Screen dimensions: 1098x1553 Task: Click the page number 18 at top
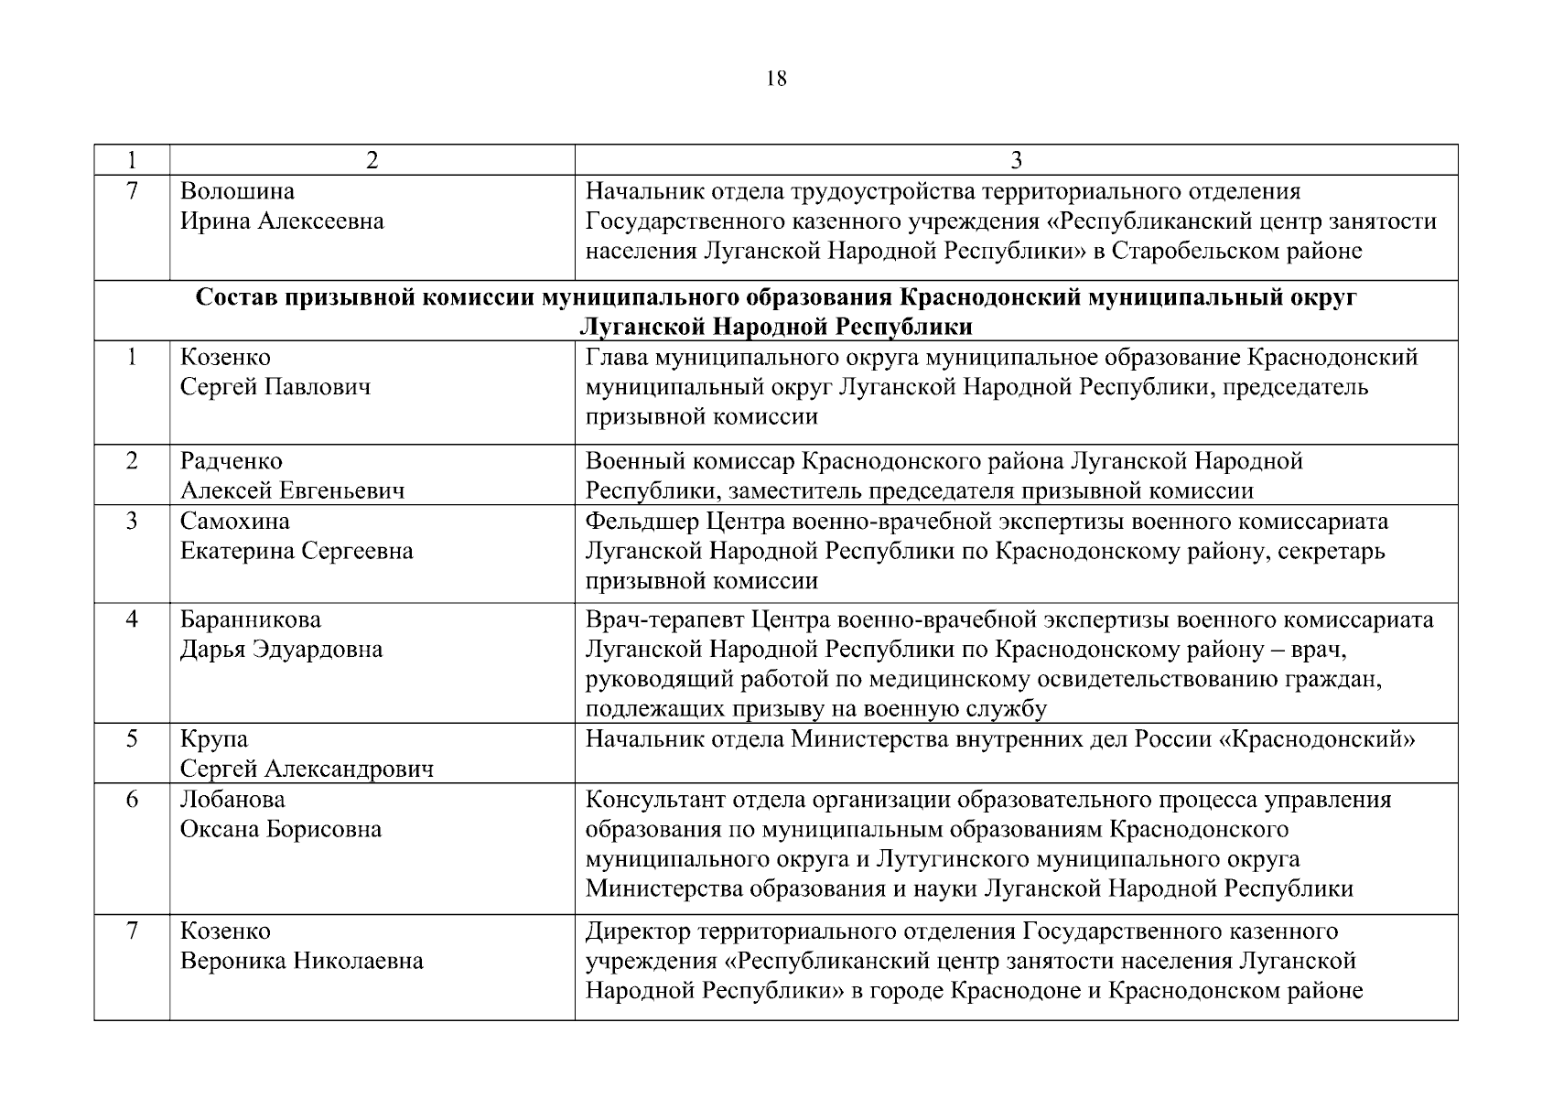coord(775,79)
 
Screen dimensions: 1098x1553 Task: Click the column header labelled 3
coord(1016,160)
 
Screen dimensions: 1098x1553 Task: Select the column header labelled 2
coord(372,160)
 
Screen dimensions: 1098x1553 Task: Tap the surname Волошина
coord(237,191)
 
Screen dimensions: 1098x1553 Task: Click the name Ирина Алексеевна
coord(282,221)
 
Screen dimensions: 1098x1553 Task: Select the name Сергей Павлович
coord(275,387)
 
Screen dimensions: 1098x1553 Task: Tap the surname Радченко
coord(232,461)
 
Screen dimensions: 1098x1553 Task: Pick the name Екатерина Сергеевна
coord(297,551)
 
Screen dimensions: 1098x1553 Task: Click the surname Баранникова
coord(251,619)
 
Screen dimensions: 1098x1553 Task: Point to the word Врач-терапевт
coord(664,619)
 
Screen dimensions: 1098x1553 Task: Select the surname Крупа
coord(214,738)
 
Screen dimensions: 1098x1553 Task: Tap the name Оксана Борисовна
coord(281,829)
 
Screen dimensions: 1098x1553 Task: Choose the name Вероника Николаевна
coord(302,961)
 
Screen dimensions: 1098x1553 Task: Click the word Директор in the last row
coord(638,931)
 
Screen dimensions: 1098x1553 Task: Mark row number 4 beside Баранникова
coord(132,619)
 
